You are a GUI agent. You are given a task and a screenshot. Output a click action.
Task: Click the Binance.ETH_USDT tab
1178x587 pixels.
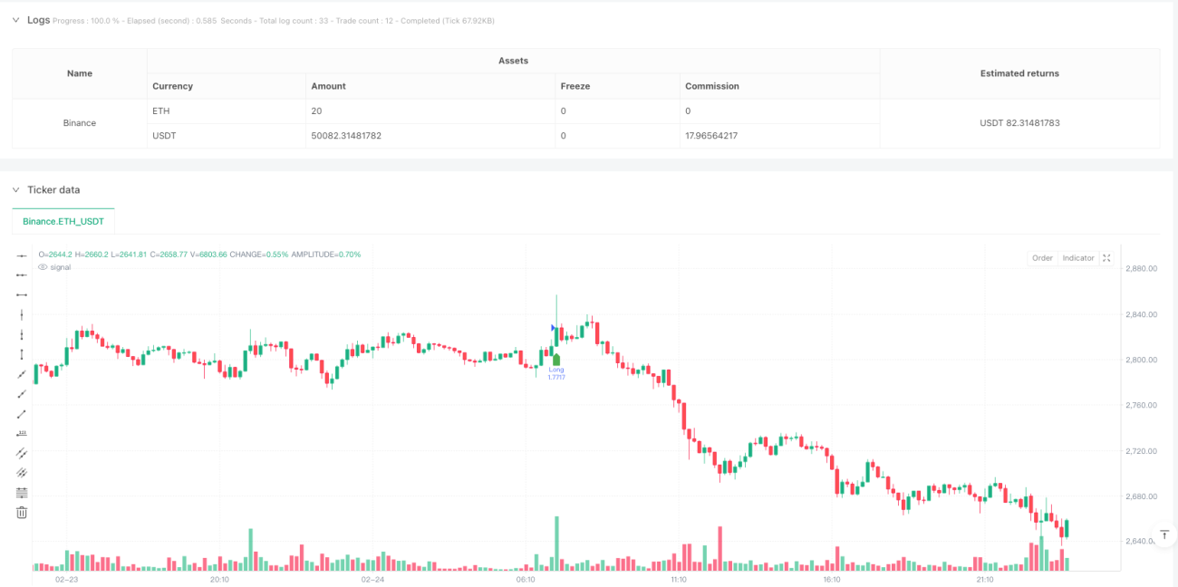pyautogui.click(x=63, y=221)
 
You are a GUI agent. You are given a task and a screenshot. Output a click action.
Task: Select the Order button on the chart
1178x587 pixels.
pyautogui.click(x=1042, y=258)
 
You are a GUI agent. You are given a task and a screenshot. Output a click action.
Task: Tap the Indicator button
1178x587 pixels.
pyautogui.click(x=1078, y=258)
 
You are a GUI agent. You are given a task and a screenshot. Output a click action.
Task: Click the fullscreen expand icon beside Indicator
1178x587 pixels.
pyautogui.click(x=1106, y=258)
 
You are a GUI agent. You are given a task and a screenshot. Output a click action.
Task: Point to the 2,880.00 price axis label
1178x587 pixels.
pyautogui.click(x=1141, y=268)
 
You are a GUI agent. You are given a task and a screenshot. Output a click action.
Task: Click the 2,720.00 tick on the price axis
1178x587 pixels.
pyautogui.click(x=1141, y=451)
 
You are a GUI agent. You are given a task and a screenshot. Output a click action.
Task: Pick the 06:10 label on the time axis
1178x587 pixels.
pyautogui.click(x=526, y=580)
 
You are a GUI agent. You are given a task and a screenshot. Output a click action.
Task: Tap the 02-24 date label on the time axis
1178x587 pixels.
pyautogui.click(x=372, y=580)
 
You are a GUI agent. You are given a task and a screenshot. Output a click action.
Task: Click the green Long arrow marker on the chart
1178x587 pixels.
pyautogui.click(x=556, y=360)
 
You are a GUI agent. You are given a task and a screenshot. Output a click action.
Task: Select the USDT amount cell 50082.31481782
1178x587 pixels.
pyautogui.click(x=346, y=136)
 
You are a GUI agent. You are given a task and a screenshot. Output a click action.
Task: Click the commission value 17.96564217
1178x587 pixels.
pyautogui.click(x=711, y=136)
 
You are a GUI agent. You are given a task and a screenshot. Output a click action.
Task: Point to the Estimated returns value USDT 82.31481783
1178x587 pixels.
pyautogui.click(x=1019, y=123)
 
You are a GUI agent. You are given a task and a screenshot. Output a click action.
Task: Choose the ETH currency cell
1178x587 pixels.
pyautogui.click(x=161, y=111)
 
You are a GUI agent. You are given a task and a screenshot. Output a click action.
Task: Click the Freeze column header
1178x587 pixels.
pyautogui.click(x=575, y=86)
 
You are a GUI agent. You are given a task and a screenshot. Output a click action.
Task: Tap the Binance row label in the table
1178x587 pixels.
pyautogui.click(x=80, y=123)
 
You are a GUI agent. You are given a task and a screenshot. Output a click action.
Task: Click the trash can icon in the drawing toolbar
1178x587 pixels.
pyautogui.click(x=22, y=513)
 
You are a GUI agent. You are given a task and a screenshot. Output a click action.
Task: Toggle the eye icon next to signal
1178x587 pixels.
pyautogui.click(x=43, y=267)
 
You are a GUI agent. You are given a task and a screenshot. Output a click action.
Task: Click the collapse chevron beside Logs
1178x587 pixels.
pyautogui.click(x=15, y=20)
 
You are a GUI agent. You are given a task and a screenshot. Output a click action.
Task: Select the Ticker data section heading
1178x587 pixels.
pyautogui.click(x=53, y=189)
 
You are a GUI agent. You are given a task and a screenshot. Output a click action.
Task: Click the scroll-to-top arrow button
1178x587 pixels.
pyautogui.click(x=1164, y=535)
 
